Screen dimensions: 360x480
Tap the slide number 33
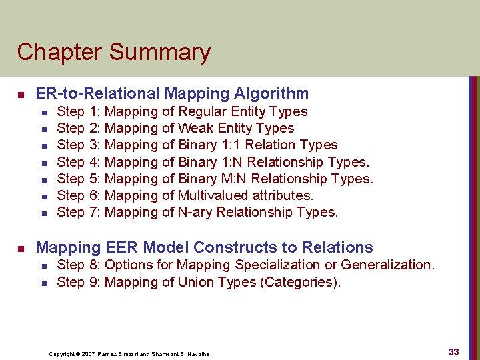453,352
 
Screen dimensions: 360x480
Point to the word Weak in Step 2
194,128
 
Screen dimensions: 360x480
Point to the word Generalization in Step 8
387,265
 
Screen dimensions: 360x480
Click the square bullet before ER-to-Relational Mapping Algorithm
20,95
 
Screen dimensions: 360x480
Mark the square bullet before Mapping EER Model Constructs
20,248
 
